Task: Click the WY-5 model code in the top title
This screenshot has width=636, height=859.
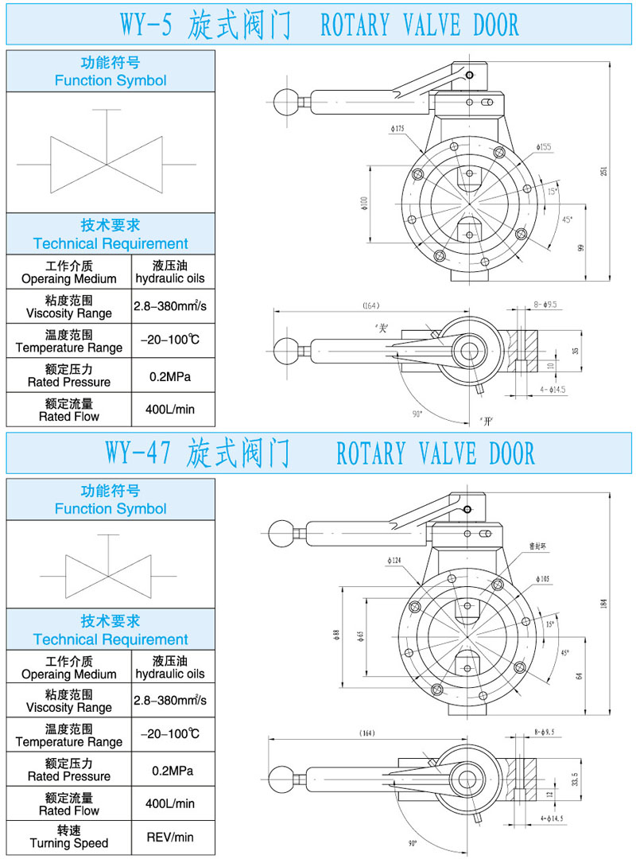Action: click(x=145, y=25)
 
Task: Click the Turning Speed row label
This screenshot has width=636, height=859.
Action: click(x=68, y=837)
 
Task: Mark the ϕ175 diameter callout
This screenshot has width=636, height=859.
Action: click(x=397, y=128)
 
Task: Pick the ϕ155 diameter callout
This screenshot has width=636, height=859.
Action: click(x=544, y=146)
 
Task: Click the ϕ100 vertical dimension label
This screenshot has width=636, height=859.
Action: click(x=364, y=204)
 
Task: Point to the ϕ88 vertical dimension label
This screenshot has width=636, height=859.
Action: click(x=336, y=633)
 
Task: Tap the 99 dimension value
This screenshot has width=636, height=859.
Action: click(x=580, y=248)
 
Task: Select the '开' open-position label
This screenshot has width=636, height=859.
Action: click(x=486, y=418)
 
